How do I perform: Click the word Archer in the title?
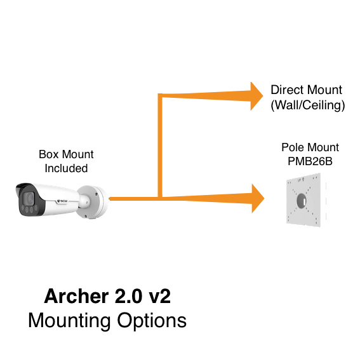[76, 296]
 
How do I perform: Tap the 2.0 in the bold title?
[128, 296]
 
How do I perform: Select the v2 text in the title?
[159, 297]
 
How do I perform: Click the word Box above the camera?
[49, 154]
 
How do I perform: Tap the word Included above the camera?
[66, 168]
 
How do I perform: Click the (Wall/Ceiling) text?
[308, 105]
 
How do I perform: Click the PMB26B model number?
[310, 161]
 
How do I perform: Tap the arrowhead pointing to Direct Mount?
[257, 96]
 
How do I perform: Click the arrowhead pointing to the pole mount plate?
[258, 198]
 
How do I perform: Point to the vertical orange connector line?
[160, 145]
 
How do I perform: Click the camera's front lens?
[29, 198]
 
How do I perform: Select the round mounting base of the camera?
[93, 202]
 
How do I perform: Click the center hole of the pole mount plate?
[302, 201]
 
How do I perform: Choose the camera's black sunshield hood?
[23, 187]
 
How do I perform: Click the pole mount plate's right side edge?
[321, 200]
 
